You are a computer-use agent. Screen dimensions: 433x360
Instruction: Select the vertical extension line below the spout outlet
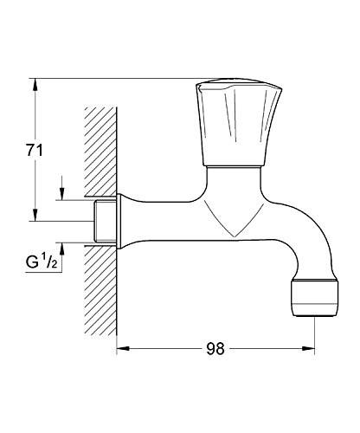312,333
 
